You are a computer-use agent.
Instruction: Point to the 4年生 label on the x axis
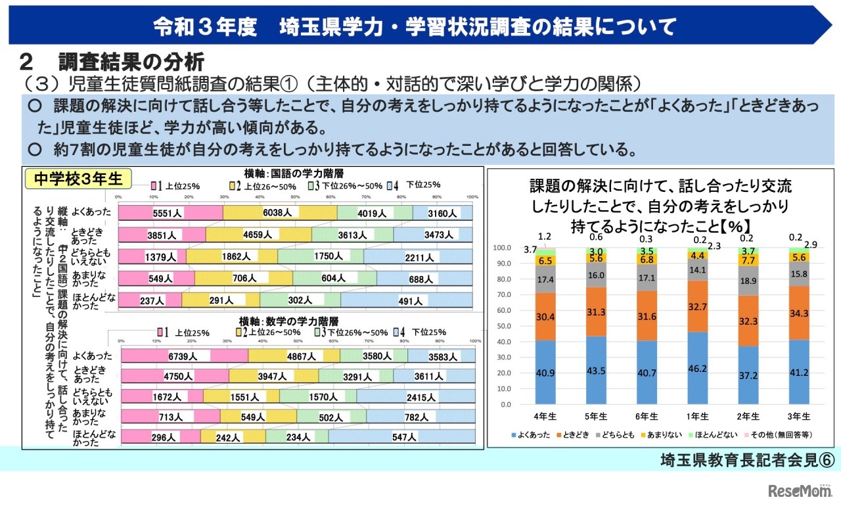click(545, 416)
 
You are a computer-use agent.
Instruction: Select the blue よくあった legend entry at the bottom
click(531, 435)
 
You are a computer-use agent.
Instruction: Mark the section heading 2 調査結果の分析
click(112, 62)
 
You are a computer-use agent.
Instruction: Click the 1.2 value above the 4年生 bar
click(545, 236)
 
